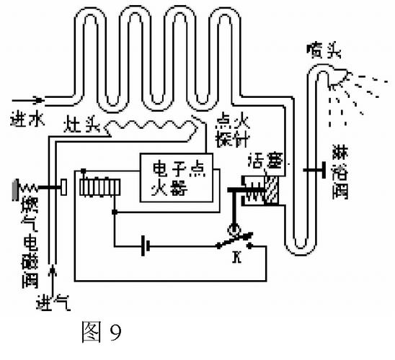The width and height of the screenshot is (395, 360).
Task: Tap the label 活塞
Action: [265, 158]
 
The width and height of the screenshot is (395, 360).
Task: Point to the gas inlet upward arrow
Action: [53, 276]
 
